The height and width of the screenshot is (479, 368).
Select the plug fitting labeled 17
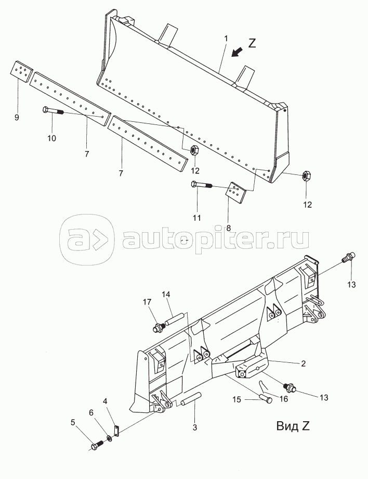(157, 327)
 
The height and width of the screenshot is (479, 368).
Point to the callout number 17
(148, 302)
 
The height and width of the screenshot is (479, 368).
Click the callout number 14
(165, 295)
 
